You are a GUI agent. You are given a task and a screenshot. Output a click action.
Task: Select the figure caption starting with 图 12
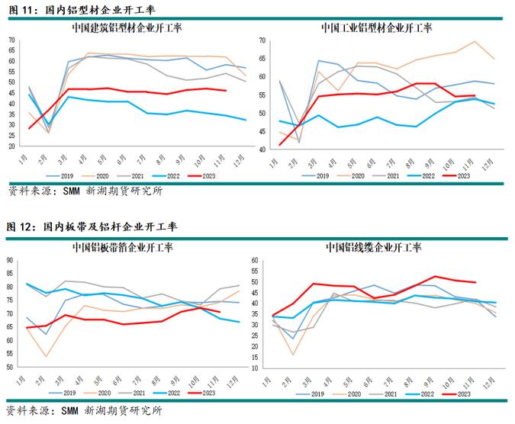pos(92,226)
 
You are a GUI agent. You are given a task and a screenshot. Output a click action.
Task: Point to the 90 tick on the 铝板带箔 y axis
pos(11,260)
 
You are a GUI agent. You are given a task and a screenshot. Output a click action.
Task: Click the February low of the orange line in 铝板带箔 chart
pos(47,356)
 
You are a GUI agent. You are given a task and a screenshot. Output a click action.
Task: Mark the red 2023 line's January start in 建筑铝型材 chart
pos(29,128)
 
